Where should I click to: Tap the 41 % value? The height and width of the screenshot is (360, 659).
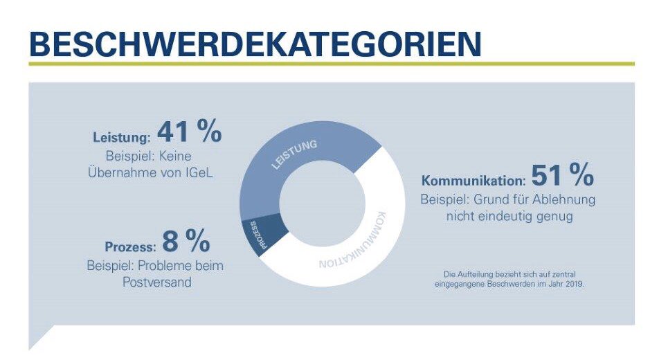pos(189,131)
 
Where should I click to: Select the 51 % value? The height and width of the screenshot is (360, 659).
pos(562,177)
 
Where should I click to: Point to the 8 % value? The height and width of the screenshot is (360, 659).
pos(186,242)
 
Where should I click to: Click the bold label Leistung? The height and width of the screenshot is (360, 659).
pos(122,136)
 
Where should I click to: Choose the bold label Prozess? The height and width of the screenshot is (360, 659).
pos(129,246)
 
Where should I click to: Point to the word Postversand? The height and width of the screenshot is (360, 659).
pos(155,283)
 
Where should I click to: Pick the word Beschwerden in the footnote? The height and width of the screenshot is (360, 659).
pos(512,283)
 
